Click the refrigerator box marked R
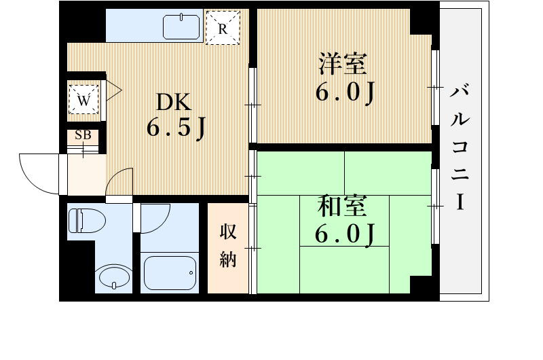(223, 29)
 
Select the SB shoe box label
(83, 135)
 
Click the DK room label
(174, 103)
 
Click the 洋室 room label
(343, 65)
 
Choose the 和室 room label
(343, 206)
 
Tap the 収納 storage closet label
(227, 245)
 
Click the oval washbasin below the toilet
(113, 277)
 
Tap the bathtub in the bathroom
(170, 273)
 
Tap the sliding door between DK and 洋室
(252, 105)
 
